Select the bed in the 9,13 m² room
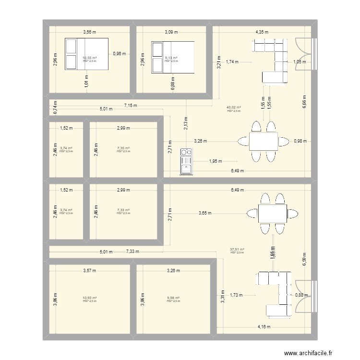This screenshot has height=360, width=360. pos(173,58)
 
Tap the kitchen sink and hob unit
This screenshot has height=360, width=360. pos(186,161)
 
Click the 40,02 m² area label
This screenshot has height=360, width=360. pos(234,108)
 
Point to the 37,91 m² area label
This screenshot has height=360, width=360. pos(237,250)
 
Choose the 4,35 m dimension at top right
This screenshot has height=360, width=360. pos(262,32)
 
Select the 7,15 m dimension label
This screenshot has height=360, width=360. pos(130,105)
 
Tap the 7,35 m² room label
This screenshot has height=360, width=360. pos(123,148)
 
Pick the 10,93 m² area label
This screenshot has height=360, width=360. pos(90,298)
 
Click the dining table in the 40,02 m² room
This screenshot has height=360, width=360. pos(263,141)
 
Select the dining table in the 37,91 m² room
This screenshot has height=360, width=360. pos(272,213)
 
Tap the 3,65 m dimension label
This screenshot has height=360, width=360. pos(206,213)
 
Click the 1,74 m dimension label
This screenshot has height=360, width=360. pos(232,62)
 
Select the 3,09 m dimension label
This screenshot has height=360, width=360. pos(171,32)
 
